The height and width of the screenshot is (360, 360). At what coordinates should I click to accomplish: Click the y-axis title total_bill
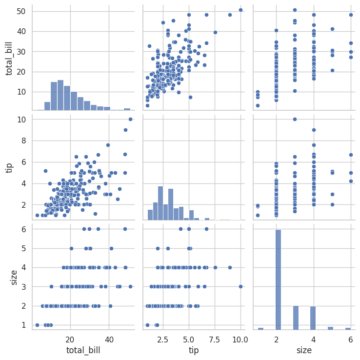[x=9, y=59]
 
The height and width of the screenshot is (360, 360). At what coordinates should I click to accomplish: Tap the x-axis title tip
[x=194, y=350]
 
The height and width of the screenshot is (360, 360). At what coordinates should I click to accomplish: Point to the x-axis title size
[x=304, y=350]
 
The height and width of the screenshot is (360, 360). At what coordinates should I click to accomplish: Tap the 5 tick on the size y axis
[x=27, y=248]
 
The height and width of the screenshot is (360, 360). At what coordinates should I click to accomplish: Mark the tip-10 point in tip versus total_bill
[x=130, y=119]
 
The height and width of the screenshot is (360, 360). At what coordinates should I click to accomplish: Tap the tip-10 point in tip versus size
[x=296, y=119]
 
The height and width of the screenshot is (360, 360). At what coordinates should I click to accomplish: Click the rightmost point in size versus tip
[x=240, y=286]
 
